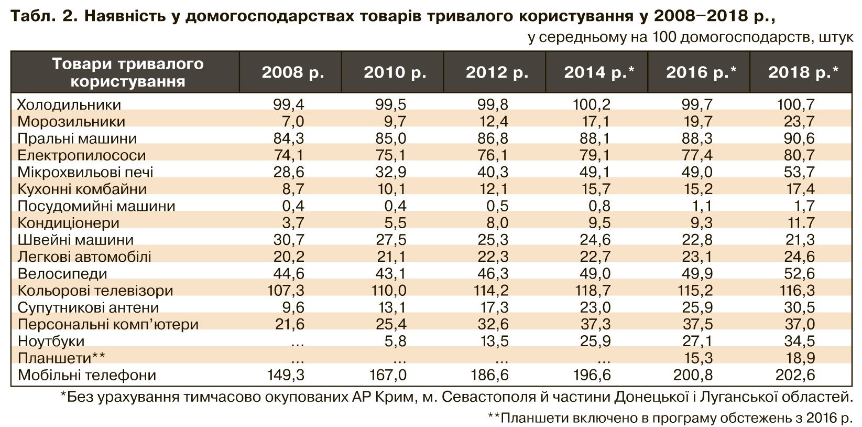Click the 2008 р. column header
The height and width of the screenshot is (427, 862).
click(293, 72)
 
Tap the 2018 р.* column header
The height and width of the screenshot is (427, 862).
click(803, 72)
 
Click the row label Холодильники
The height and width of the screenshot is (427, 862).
click(69, 105)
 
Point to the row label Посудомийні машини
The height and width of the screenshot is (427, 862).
click(96, 206)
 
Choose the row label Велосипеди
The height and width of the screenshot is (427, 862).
click(62, 274)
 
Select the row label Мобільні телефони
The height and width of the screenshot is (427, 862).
click(87, 375)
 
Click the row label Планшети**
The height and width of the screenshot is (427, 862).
click(61, 358)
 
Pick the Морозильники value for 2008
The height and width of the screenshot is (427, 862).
click(293, 122)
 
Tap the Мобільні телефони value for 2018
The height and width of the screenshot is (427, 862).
click(795, 375)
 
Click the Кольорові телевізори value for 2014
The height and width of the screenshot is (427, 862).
click(592, 291)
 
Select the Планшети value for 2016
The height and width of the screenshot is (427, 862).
click(697, 358)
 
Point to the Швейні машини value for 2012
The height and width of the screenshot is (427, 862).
click(494, 240)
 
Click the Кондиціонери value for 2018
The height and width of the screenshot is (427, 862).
click(799, 223)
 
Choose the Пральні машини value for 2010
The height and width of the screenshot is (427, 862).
click(391, 138)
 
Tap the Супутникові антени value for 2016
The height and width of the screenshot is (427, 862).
click(697, 307)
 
